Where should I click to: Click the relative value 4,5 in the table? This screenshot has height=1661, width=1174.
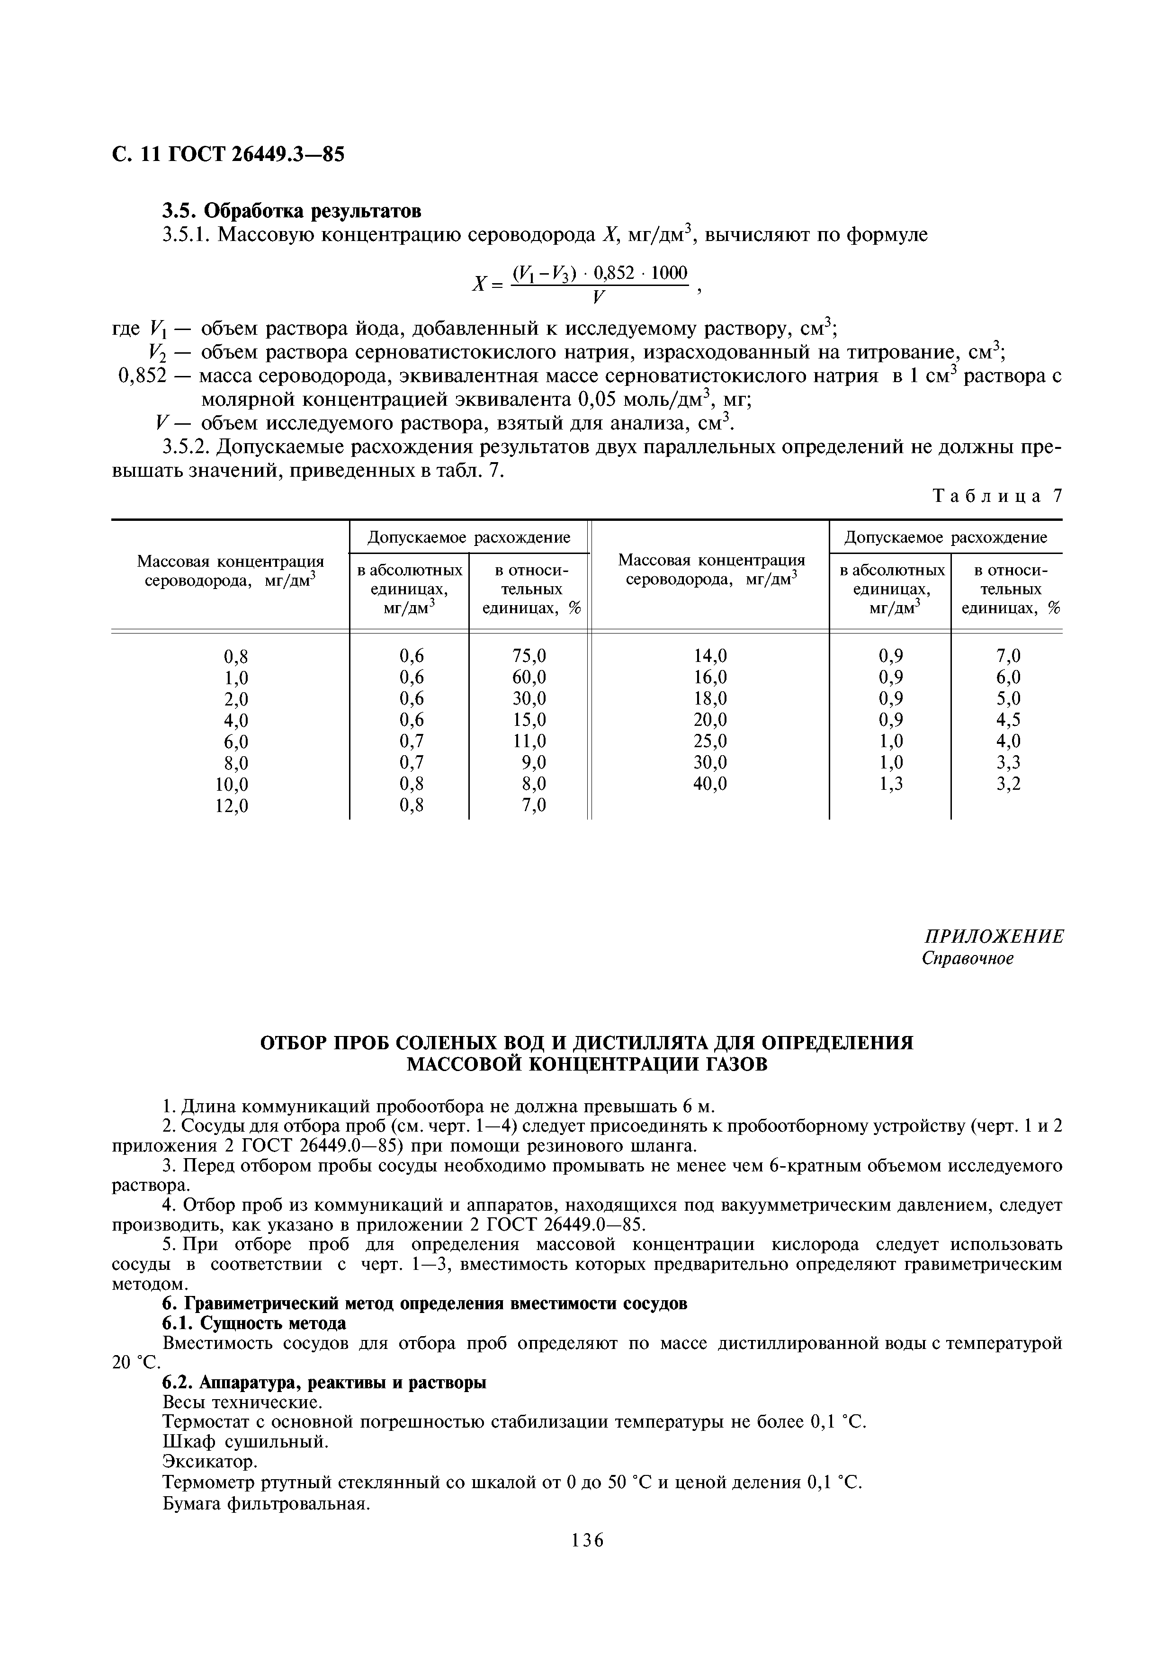click(x=1008, y=720)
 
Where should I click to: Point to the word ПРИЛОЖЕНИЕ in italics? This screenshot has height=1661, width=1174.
click(x=995, y=936)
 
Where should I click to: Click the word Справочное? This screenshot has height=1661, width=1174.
click(x=967, y=958)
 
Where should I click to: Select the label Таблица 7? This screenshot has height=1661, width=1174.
click(x=997, y=496)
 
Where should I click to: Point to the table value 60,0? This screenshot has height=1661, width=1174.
click(x=529, y=677)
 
